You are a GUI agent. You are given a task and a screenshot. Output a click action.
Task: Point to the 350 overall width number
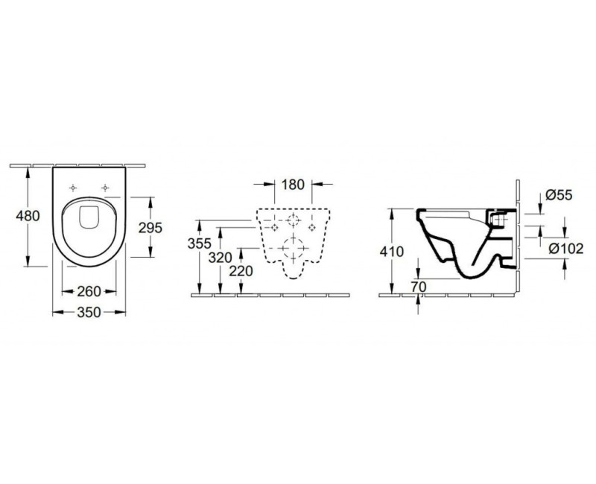(89, 313)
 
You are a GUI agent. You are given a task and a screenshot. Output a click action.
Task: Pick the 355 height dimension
(200, 243)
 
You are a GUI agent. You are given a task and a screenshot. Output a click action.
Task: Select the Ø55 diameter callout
(557, 195)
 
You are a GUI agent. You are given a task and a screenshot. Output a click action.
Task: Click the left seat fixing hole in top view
(73, 187)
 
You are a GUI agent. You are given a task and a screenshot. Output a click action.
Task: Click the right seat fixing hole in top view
(107, 187)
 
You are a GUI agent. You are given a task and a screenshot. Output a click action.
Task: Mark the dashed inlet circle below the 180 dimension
(294, 220)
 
